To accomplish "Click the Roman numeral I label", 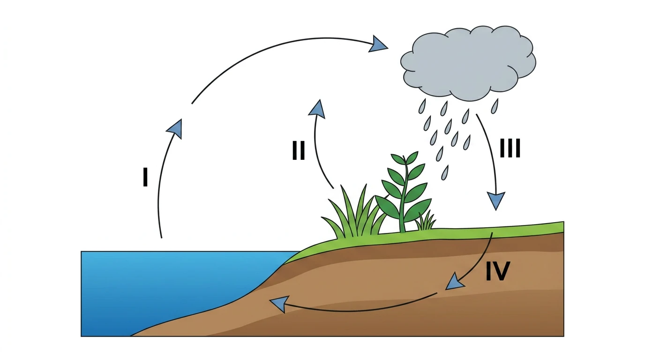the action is (145, 177).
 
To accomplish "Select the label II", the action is (298, 150).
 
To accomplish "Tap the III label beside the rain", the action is (510, 148).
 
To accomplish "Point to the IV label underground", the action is (498, 271).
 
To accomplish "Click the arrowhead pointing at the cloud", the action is (377, 45).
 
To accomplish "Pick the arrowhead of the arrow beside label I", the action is (175, 128).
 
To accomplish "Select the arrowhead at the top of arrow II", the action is (317, 109).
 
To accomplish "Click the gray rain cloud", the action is (468, 63).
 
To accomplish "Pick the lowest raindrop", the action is (445, 172).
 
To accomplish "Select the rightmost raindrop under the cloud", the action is (495, 106).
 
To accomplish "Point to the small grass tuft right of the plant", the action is (425, 221).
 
